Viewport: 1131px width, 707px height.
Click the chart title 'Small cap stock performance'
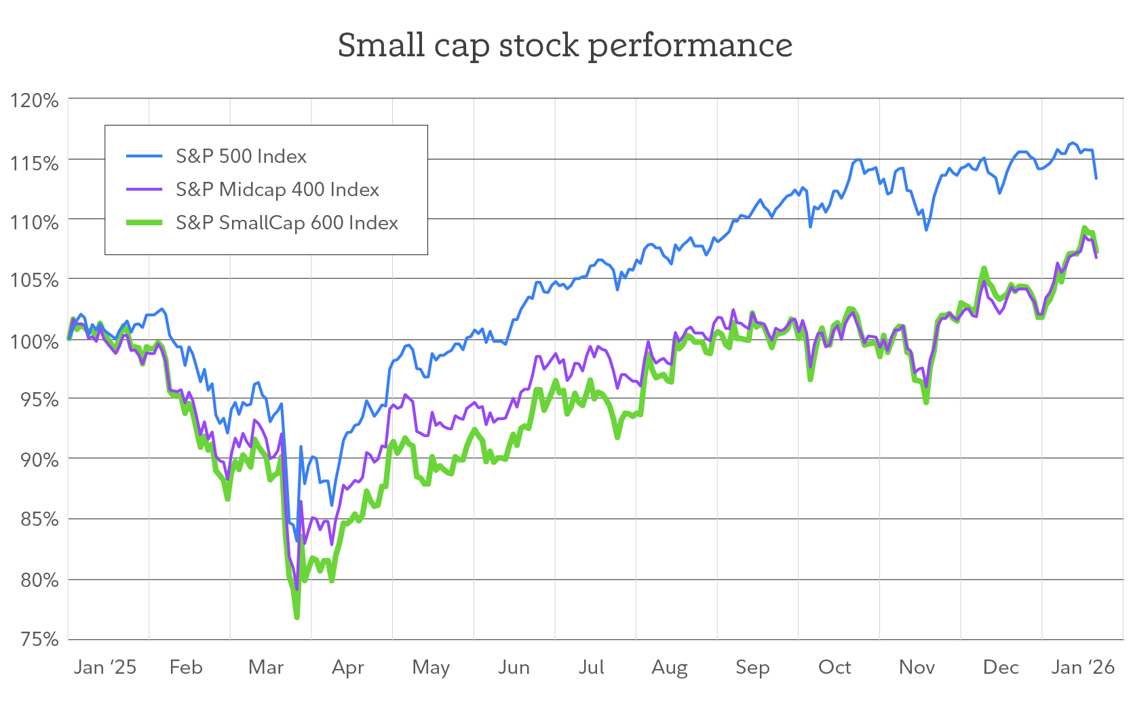click(x=564, y=45)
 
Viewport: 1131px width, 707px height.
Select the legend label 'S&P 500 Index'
click(x=241, y=156)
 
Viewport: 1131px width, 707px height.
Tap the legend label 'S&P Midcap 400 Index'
click(x=277, y=189)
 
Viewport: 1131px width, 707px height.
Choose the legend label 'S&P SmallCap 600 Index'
click(x=286, y=223)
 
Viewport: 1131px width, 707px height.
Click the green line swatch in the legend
click(x=144, y=223)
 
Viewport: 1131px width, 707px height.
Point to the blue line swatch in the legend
click(x=144, y=156)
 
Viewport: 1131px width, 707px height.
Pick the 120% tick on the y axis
click(x=34, y=100)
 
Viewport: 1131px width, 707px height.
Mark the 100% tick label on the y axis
click(x=34, y=341)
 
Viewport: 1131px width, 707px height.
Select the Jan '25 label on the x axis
click(x=104, y=667)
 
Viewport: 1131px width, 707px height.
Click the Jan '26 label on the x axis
click(x=1082, y=667)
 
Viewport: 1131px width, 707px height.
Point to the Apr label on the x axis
click(x=347, y=667)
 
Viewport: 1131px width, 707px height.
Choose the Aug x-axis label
click(x=669, y=667)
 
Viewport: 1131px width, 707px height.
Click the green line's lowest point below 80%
click(x=297, y=617)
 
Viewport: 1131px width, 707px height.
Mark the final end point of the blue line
click(x=1096, y=178)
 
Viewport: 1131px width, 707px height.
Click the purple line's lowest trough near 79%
click(x=296, y=589)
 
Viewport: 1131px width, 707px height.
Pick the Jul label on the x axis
click(x=591, y=667)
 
